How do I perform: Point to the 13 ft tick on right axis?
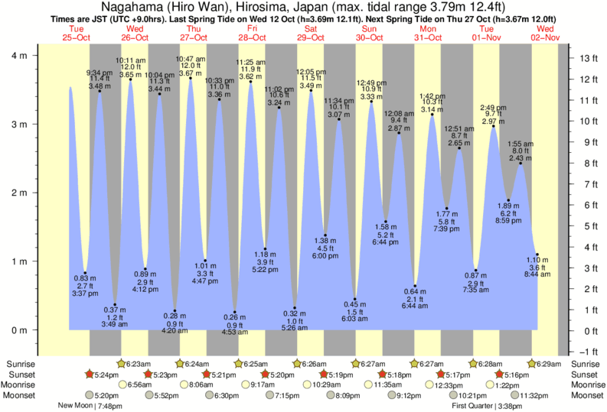[x=585, y=58]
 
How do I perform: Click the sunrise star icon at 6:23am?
[x=121, y=363]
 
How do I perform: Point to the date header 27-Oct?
[x=193, y=37]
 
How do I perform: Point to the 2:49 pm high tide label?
[x=493, y=108]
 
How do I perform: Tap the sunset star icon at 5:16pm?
[x=500, y=375]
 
